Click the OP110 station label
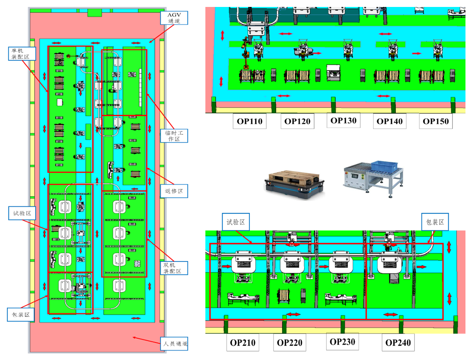point(250,121)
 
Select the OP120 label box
point(297,121)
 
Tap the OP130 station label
point(343,121)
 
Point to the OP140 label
point(390,121)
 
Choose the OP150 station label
point(436,121)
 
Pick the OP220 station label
point(290,342)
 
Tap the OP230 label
point(343,342)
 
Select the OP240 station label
point(398,342)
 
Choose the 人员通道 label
point(173,344)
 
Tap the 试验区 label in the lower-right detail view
point(236,222)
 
